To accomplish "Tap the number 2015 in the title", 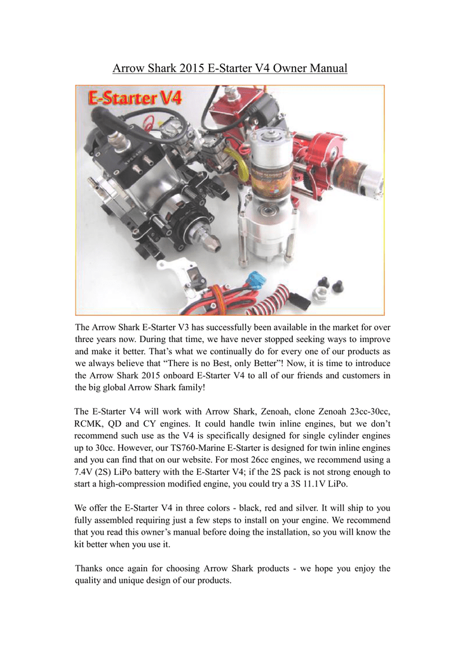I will pos(191,68).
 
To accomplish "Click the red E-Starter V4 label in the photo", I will pos(135,99).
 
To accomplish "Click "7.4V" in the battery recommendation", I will pos(87,472).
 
